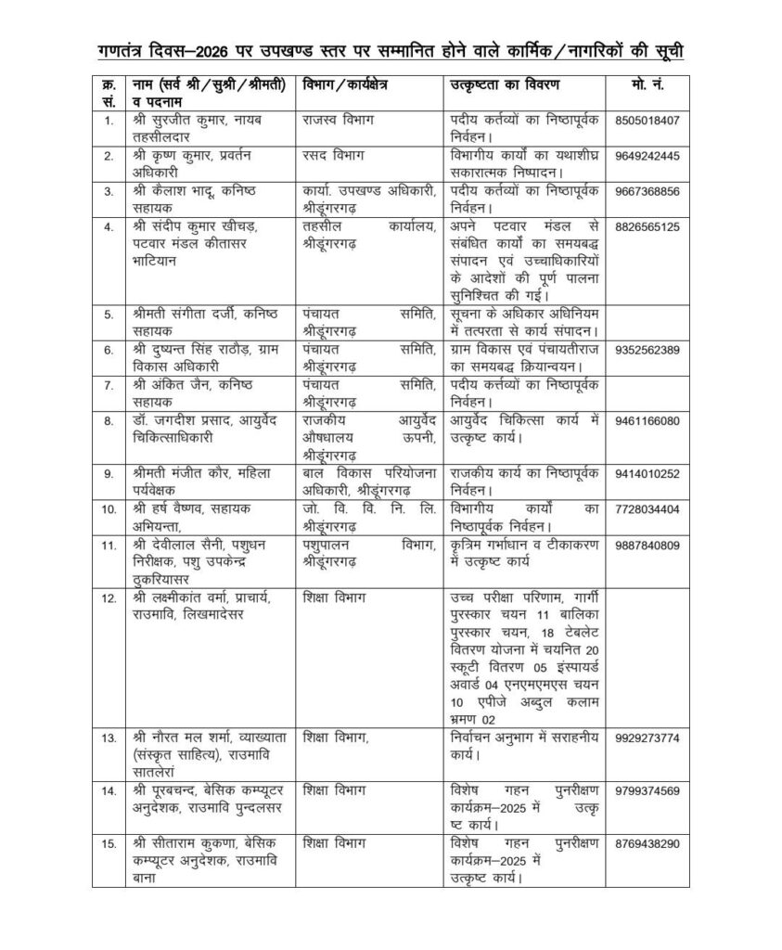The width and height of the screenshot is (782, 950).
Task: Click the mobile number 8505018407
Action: pyautogui.click(x=646, y=120)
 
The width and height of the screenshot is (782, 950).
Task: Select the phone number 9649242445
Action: pyautogui.click(x=646, y=155)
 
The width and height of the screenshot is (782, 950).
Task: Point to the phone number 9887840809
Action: pyautogui.click(x=646, y=544)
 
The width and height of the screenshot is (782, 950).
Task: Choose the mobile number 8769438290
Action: pyautogui.click(x=646, y=843)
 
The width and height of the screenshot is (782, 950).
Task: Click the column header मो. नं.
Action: pyautogui.click(x=646, y=84)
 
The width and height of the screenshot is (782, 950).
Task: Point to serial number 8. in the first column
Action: pyautogui.click(x=109, y=420)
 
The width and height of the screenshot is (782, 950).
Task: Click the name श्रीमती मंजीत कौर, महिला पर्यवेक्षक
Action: pyautogui.click(x=195, y=481)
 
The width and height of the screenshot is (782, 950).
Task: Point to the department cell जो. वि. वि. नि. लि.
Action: pyautogui.click(x=367, y=508)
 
